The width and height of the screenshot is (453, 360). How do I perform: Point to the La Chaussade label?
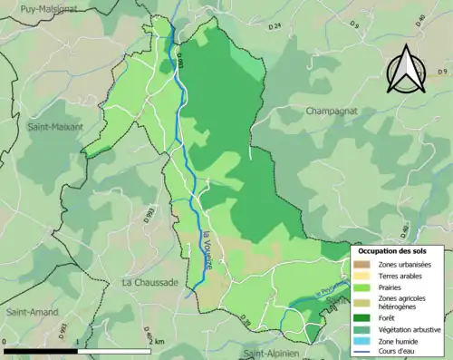[149, 283]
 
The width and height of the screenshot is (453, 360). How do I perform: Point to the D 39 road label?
[244, 321]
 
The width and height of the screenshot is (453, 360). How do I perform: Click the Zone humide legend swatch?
[362, 341]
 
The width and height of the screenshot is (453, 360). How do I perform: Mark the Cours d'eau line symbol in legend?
[362, 353]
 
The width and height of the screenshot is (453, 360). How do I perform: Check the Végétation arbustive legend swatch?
[362, 329]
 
